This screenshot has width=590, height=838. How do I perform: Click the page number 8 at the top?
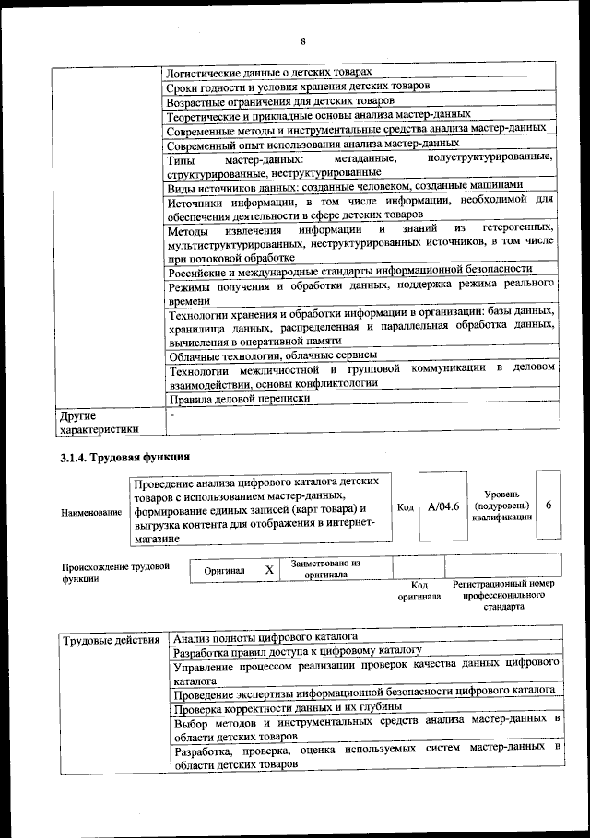click(301, 41)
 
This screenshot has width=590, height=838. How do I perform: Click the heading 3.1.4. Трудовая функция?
click(124, 456)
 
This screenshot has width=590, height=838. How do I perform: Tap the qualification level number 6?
click(549, 507)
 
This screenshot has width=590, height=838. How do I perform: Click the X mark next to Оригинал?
click(269, 570)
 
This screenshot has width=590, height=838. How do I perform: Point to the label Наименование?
click(91, 512)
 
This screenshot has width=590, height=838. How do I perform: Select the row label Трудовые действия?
click(110, 640)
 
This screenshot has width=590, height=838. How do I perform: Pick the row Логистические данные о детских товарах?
click(269, 72)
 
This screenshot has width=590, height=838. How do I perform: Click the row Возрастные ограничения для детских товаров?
click(280, 100)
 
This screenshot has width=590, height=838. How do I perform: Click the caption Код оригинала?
click(419, 590)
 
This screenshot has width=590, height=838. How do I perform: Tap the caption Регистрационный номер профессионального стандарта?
click(503, 596)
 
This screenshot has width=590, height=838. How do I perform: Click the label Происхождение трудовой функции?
click(115, 573)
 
